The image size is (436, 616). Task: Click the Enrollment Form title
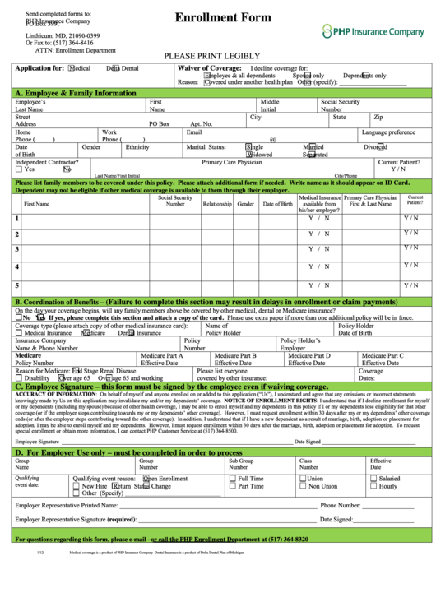click(x=218, y=18)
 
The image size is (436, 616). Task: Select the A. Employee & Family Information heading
click(x=75, y=94)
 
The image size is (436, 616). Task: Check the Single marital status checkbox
click(x=249, y=147)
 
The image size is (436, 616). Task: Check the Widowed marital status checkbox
click(x=249, y=155)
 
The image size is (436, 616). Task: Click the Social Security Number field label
click(x=340, y=105)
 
